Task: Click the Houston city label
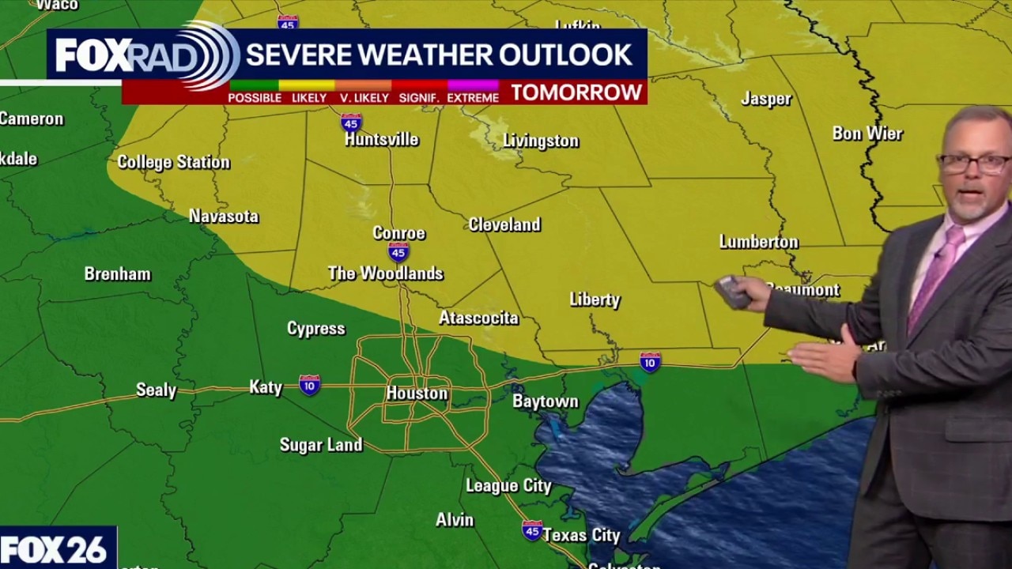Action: [x=417, y=393]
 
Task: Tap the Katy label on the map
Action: [x=266, y=386]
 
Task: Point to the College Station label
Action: [x=174, y=162]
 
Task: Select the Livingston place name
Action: [x=541, y=141]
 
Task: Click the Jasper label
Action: [x=766, y=99]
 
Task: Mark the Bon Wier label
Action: [x=867, y=133]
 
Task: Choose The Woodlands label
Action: [x=385, y=273]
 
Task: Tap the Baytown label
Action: [x=546, y=401]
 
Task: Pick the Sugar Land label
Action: [x=321, y=445]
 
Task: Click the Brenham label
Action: [x=118, y=274]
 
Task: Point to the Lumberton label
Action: [x=759, y=242]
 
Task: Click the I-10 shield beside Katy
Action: [x=310, y=385]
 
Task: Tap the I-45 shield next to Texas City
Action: [x=532, y=529]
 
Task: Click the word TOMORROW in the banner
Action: [x=576, y=92]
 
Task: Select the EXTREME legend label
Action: [x=473, y=98]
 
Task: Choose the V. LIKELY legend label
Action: [x=364, y=98]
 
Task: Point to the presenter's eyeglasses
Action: [x=972, y=164]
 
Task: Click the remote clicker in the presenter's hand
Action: [x=733, y=292]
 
